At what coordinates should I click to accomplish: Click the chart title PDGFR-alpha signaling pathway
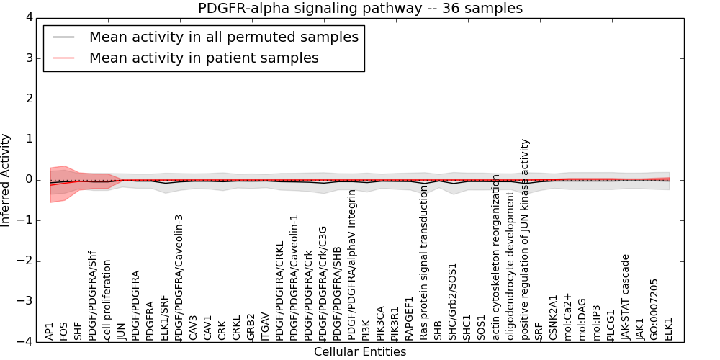360,9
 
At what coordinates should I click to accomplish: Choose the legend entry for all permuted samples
223,37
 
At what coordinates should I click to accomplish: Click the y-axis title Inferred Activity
6,179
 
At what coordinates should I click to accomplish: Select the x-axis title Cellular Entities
360,351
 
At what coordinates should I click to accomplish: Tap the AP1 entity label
50,331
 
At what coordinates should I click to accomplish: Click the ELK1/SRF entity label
165,316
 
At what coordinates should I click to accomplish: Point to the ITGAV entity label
266,326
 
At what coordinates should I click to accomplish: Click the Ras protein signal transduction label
424,263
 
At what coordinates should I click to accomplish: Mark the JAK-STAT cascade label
626,297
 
